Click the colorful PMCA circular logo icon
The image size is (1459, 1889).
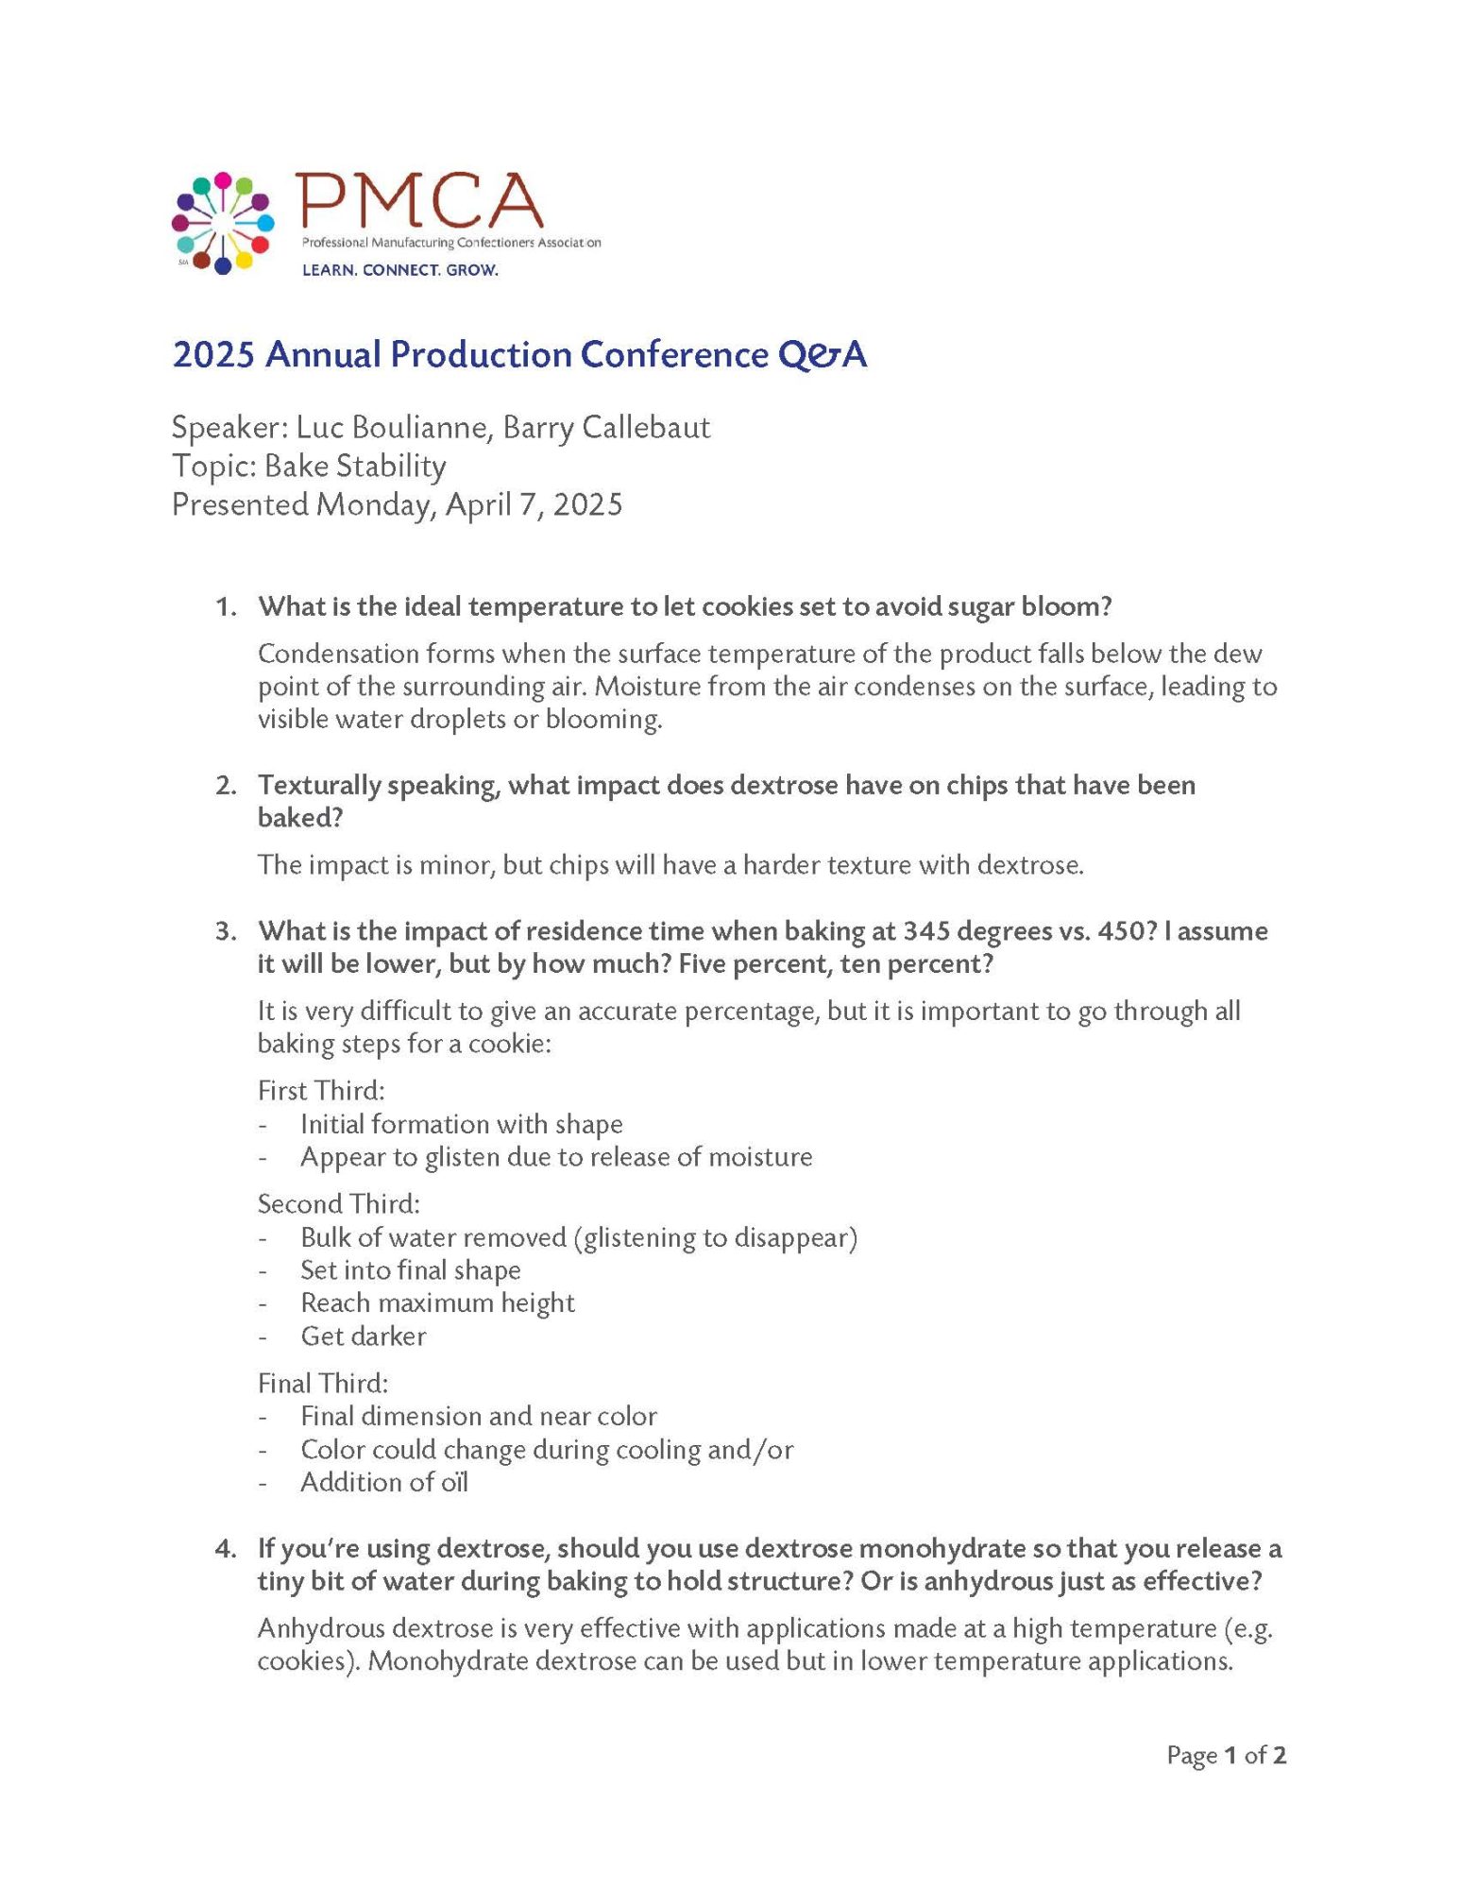[223, 223]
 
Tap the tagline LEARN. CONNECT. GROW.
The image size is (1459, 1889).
[399, 270]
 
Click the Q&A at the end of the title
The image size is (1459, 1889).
[822, 355]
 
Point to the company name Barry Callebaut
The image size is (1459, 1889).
[606, 428]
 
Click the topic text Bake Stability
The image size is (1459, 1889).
[355, 467]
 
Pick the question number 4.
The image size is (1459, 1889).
[225, 1548]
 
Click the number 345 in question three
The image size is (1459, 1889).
[926, 931]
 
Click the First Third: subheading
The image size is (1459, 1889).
[321, 1091]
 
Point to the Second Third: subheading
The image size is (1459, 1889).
[339, 1204]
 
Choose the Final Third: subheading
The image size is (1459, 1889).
[323, 1384]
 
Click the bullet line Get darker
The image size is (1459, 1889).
[364, 1336]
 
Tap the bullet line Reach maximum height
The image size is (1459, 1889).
[437, 1303]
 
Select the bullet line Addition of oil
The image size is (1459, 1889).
[384, 1483]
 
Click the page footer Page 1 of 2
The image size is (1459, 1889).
[1226, 1756]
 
